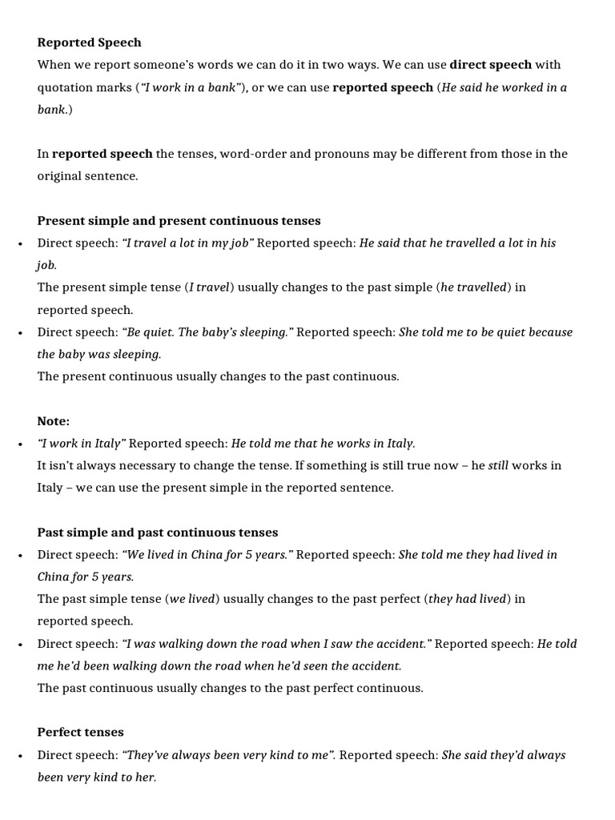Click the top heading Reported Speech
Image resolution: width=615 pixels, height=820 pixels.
pos(89,42)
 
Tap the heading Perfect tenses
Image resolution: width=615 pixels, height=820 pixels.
pos(80,732)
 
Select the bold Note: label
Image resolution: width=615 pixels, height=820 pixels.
pos(54,420)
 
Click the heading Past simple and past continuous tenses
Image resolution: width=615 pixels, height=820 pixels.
pos(158,532)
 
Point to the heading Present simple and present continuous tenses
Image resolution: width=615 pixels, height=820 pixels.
pos(179,220)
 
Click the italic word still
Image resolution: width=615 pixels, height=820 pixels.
pos(498,465)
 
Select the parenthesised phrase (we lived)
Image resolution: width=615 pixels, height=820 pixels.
pos(190,598)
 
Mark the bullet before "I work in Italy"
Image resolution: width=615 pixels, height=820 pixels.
pos(19,444)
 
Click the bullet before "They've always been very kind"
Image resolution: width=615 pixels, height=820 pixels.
pos(19,755)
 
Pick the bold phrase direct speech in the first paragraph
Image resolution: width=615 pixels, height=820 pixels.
pos(491,65)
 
